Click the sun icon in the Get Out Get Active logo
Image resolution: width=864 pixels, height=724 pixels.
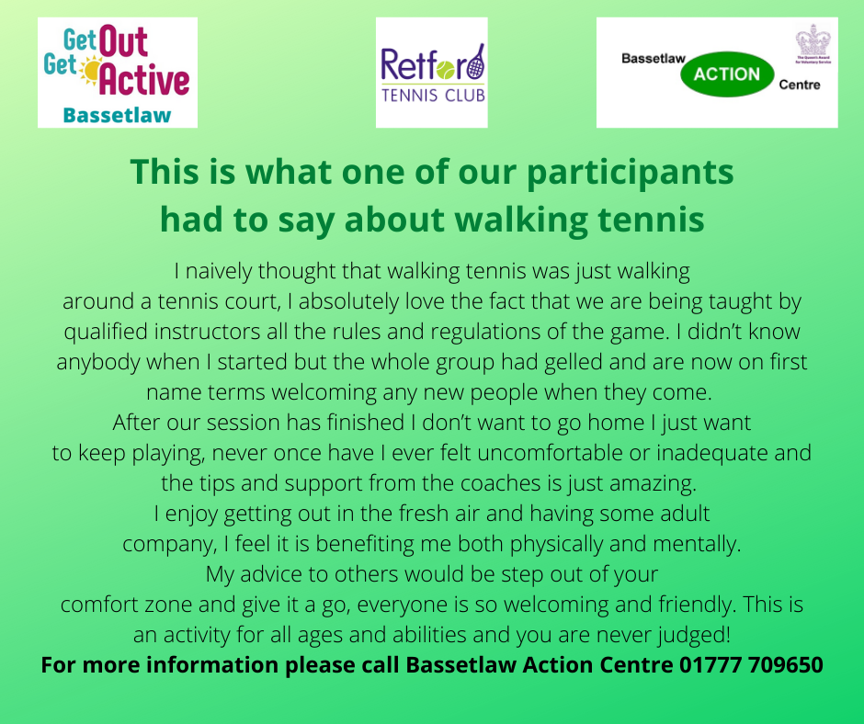pyautogui.click(x=90, y=70)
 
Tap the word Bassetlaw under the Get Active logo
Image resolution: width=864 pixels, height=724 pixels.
pyautogui.click(x=117, y=115)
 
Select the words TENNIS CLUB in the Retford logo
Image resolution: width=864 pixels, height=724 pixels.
pyautogui.click(x=433, y=96)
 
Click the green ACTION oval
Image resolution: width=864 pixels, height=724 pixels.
pyautogui.click(x=727, y=74)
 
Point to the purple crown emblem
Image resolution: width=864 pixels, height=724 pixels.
pyautogui.click(x=813, y=40)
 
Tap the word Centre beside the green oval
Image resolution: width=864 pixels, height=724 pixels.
pyautogui.click(x=799, y=85)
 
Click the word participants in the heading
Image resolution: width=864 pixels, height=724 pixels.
pyautogui.click(x=630, y=173)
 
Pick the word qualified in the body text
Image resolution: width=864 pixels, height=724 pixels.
pyautogui.click(x=106, y=333)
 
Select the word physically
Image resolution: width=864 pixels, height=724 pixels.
pyautogui.click(x=556, y=544)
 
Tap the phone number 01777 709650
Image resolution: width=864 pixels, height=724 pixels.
pyautogui.click(x=751, y=664)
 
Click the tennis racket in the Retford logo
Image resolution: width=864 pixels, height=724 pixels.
pyautogui.click(x=476, y=62)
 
